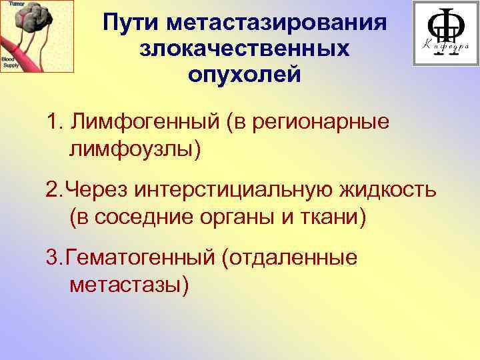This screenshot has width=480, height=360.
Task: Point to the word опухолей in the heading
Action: click(x=244, y=73)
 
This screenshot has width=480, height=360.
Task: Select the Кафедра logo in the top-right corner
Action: click(x=444, y=33)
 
